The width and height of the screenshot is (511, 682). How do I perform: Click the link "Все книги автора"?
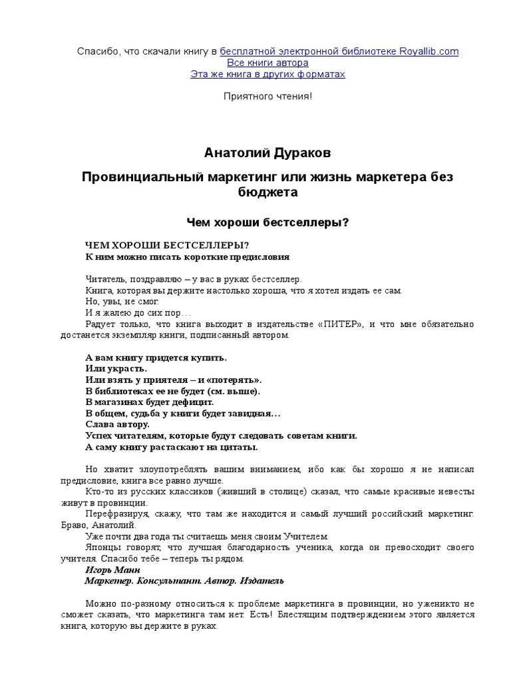click(267, 63)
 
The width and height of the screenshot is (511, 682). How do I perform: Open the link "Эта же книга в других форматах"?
click(267, 74)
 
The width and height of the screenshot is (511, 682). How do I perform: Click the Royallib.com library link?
click(339, 51)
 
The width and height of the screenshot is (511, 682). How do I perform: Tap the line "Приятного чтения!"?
click(267, 97)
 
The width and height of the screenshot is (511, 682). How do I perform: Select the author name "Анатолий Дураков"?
click(267, 154)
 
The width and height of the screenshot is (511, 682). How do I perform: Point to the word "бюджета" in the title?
click(267, 193)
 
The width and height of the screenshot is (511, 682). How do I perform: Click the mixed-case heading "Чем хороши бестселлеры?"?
click(267, 222)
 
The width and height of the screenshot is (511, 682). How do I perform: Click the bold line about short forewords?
click(188, 256)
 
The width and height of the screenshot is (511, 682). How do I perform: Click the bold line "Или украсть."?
click(116, 368)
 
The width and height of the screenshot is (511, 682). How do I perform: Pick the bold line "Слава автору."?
click(118, 424)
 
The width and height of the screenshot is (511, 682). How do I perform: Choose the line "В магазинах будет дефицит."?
click(150, 402)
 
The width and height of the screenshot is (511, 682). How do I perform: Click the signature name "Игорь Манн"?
click(111, 570)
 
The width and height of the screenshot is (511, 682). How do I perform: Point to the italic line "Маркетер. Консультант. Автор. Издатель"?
click(184, 581)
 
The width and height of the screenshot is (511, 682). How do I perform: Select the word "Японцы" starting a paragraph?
click(101, 547)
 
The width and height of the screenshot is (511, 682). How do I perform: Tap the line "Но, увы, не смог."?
click(122, 301)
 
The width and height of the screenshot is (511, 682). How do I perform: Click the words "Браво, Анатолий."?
click(111, 525)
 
